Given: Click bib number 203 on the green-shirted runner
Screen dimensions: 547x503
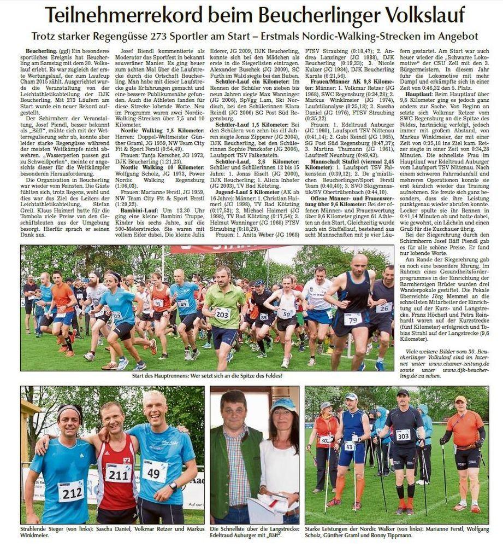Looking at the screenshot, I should (222, 313).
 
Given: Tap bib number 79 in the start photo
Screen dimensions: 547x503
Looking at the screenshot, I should (352, 318).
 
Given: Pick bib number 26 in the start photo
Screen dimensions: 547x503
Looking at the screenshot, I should (383, 307).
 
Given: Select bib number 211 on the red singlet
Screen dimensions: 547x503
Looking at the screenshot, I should (118, 472).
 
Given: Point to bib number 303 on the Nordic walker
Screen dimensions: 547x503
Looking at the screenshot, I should (403, 435).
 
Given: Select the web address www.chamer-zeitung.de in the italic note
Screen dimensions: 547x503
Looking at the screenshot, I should (463, 363).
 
